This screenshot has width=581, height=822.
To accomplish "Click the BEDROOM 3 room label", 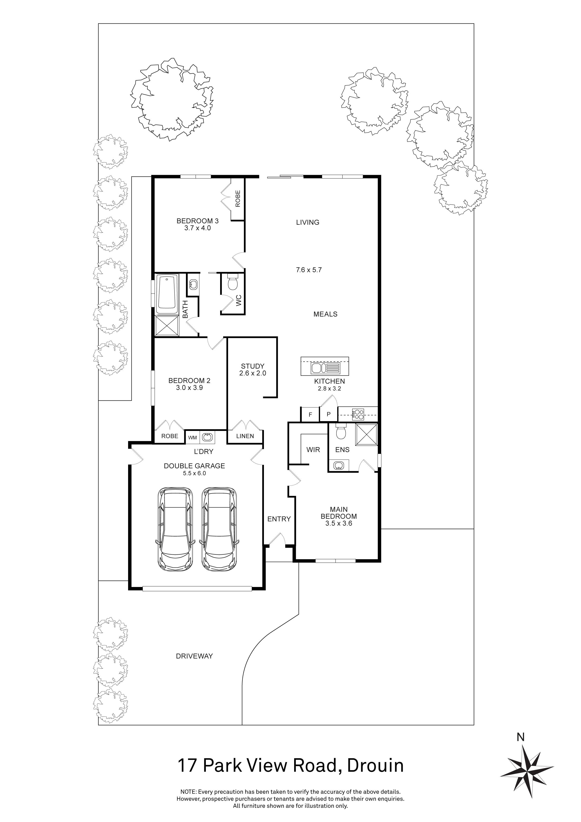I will click(197, 221).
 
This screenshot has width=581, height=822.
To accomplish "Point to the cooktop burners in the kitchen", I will click(358, 414).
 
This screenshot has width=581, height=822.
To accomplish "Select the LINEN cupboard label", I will click(245, 436).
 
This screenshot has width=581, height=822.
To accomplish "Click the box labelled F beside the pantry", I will click(310, 415).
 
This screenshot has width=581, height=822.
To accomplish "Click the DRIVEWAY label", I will click(194, 656).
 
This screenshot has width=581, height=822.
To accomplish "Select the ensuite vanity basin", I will click(339, 465).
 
